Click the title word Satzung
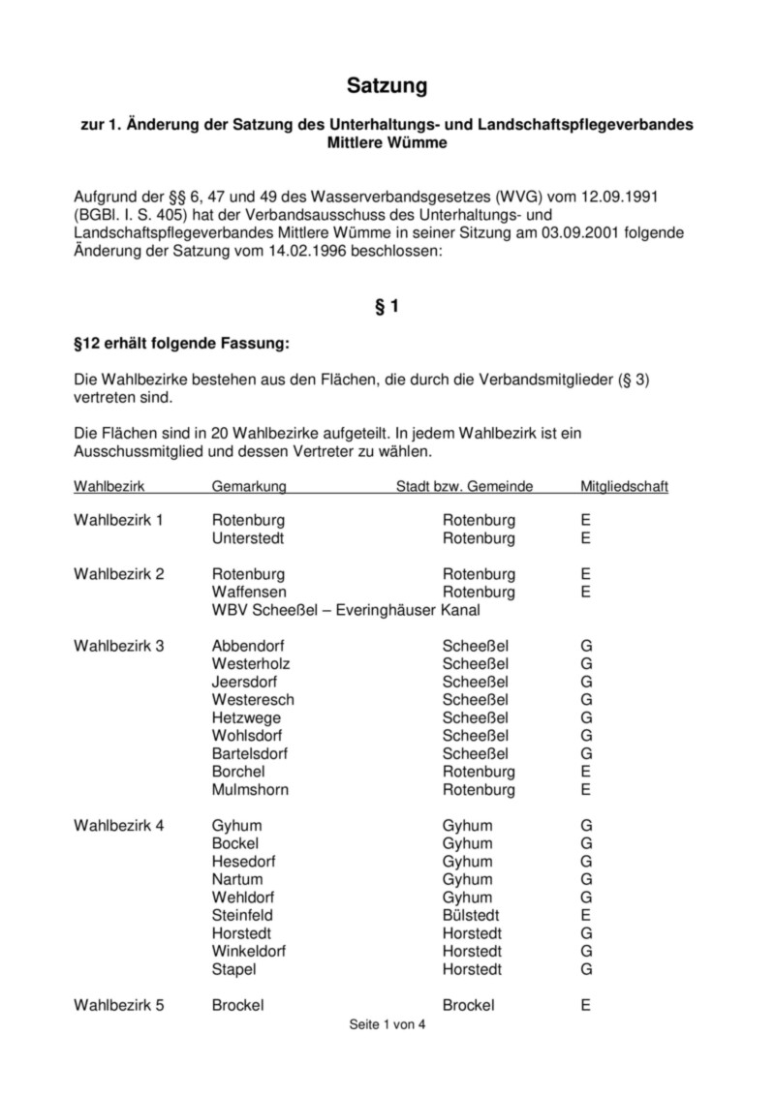[387, 87]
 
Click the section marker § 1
[387, 307]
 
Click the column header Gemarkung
[249, 485]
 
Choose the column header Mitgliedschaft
[624, 485]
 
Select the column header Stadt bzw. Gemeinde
[464, 485]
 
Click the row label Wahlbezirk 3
[119, 646]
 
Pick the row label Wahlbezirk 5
[119, 1005]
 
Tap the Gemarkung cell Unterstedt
[248, 538]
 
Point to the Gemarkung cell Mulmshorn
[250, 789]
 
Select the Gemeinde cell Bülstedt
[471, 915]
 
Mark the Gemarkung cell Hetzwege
[246, 717]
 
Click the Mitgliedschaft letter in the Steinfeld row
[586, 915]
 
